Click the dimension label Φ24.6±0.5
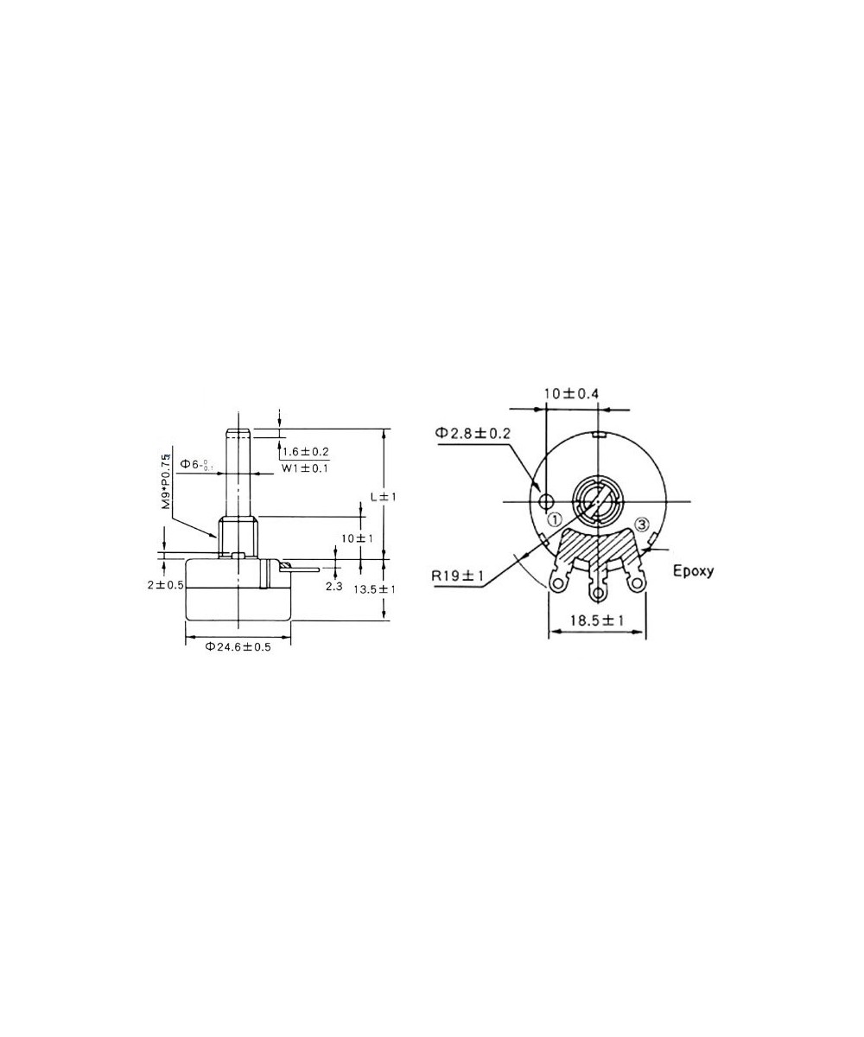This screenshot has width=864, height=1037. tap(238, 647)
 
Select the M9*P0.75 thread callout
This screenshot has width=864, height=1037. tap(165, 480)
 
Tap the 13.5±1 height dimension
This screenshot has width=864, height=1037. tap(374, 589)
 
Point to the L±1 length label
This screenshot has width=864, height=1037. tap(382, 497)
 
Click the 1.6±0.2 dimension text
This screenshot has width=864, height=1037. tap(305, 452)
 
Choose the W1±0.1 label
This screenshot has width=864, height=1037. tap(305, 468)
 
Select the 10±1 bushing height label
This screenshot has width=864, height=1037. tap(357, 538)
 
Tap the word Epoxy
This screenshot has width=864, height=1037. tap(693, 571)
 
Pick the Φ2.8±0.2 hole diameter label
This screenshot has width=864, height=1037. tap(473, 432)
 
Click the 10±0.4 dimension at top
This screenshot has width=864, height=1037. tap(571, 394)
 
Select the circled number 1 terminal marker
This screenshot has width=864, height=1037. tap(554, 519)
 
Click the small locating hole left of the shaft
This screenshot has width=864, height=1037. tap(546, 502)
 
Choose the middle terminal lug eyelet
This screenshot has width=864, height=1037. tap(597, 593)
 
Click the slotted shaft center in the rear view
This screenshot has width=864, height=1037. tap(596, 501)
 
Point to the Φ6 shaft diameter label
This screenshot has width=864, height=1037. tap(196, 465)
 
